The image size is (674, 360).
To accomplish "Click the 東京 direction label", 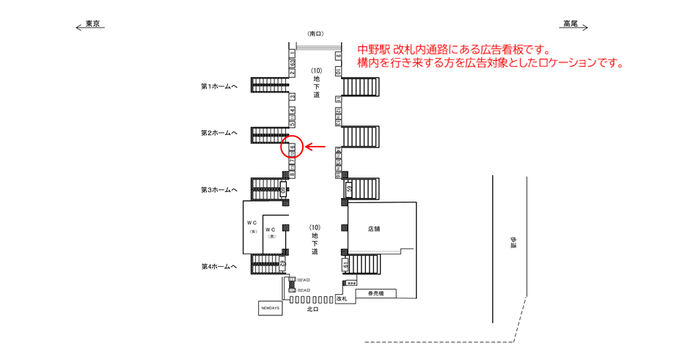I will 92,24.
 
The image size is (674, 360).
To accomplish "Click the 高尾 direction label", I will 570,24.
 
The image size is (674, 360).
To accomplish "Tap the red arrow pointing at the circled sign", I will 315,147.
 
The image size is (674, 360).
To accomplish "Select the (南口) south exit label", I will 315,34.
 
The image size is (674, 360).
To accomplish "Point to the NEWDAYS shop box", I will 270,309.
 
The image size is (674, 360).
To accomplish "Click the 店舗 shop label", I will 374,229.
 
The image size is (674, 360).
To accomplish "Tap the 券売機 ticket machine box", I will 376,293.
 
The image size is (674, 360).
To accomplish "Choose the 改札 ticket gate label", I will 341,299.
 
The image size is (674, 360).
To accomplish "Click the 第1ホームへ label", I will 219,87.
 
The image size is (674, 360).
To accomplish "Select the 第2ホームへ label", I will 219,133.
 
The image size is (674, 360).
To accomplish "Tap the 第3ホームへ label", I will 219,190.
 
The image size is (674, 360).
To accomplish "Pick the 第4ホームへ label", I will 219,266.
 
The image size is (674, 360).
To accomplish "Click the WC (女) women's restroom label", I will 252,227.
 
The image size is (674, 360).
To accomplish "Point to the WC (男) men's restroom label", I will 271,233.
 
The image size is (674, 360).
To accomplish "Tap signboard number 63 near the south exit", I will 292,64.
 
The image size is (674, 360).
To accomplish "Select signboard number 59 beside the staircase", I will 349,188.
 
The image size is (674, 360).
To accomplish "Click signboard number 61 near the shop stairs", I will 344,263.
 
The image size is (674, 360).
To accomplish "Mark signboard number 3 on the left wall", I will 292,96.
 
